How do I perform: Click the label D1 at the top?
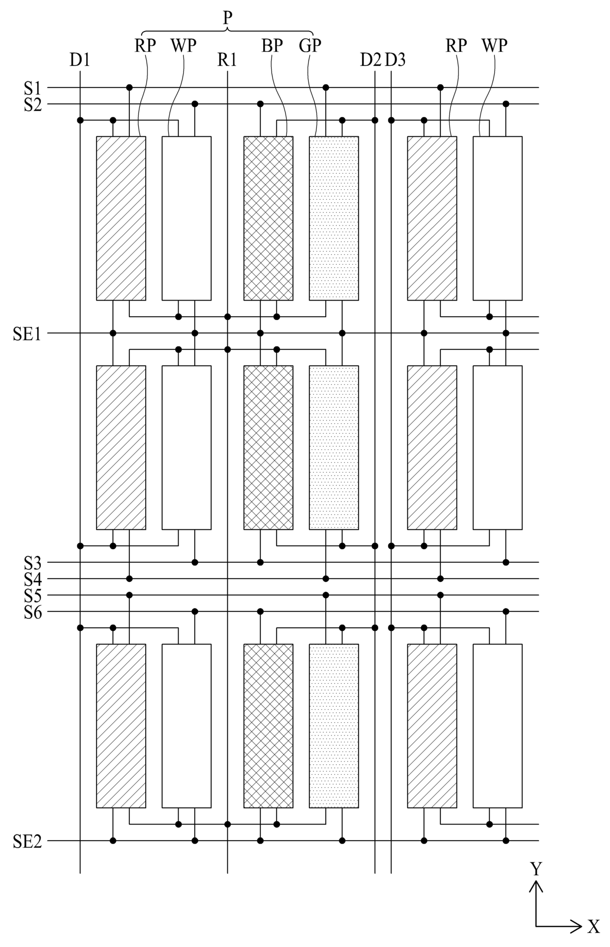coord(80,60)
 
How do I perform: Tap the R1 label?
coord(227,60)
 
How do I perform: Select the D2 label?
coord(370,60)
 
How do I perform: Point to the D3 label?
coord(395,60)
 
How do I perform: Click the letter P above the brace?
coord(227,18)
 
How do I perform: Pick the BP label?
coord(272,46)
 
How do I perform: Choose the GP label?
coord(310,46)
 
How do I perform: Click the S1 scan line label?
coord(33,88)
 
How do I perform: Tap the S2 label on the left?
coord(33,104)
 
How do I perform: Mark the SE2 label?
coord(27,841)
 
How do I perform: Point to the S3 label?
coord(33,562)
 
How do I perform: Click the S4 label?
coord(33,579)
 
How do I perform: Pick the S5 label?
coord(33,595)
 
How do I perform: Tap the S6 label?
coord(33,612)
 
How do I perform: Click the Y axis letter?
coord(536,869)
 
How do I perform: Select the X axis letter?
coord(594,927)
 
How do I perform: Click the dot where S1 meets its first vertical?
coord(129,88)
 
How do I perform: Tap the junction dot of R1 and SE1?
coord(227,333)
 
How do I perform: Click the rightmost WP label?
coord(494,46)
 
